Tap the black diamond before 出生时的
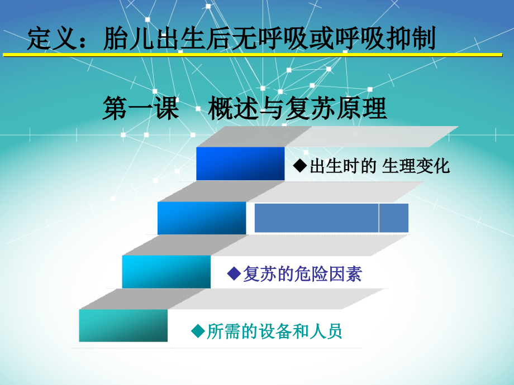pos(301,166)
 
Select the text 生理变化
pos(416,166)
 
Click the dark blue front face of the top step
pos(240,163)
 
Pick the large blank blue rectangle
pos(316,218)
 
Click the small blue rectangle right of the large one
pos(394,218)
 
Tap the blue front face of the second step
pos(202,218)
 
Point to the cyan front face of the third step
pos(166,272)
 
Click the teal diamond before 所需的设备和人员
pos(198,331)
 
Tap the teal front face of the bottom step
pos(123,325)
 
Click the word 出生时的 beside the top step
pos(342,166)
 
